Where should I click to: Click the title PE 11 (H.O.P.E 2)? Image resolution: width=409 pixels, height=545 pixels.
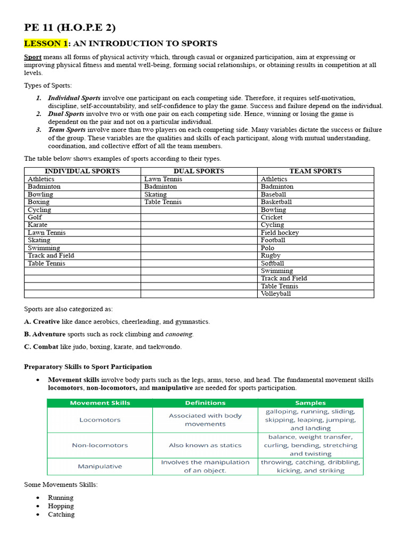click(x=70, y=28)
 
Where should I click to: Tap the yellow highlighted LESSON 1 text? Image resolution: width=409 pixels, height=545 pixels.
click(x=46, y=44)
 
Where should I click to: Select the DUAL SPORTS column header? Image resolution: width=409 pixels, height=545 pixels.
click(x=199, y=171)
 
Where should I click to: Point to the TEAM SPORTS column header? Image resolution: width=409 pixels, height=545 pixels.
click(x=315, y=171)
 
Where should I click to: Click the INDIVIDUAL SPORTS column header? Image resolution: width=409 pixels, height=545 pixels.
click(x=82, y=171)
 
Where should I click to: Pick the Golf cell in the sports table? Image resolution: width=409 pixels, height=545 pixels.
click(x=35, y=217)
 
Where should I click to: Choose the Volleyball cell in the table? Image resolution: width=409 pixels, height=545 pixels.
click(x=276, y=294)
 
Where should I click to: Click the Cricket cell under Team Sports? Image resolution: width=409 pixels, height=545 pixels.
click(x=272, y=217)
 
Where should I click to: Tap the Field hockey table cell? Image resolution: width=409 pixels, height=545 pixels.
click(x=280, y=233)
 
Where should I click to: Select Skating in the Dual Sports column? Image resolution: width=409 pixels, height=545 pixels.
click(x=156, y=194)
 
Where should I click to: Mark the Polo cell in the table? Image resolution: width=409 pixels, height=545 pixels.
click(x=268, y=248)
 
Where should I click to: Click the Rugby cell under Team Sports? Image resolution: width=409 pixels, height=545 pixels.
click(x=271, y=255)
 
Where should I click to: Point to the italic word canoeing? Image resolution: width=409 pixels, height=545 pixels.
click(x=179, y=334)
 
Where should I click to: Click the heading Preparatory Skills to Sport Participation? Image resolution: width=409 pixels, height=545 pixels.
click(x=88, y=367)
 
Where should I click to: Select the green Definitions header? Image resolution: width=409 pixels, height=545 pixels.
click(x=205, y=403)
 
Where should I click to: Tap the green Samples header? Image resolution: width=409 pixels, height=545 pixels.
click(x=310, y=403)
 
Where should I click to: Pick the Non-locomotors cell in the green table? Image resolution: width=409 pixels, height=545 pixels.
click(x=100, y=445)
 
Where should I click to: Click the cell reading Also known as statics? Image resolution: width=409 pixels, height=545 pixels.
click(x=205, y=445)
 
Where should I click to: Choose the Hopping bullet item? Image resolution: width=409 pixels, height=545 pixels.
click(x=61, y=506)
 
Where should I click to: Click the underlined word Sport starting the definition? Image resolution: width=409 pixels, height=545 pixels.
click(x=32, y=57)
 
